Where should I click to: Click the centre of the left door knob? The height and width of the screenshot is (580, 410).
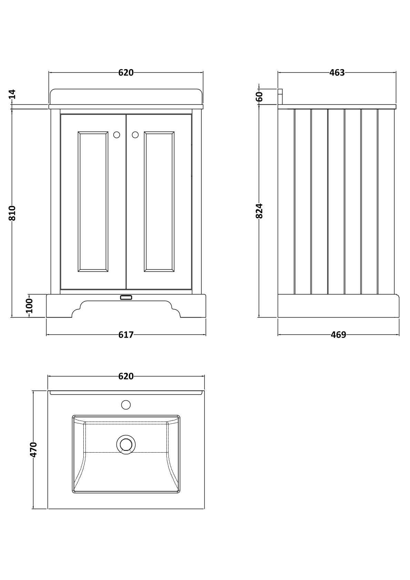point(116,135)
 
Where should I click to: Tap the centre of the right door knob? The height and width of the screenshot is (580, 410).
point(135,135)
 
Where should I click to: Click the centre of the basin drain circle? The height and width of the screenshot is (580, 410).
point(126,444)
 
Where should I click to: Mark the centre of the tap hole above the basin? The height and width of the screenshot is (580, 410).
point(126,405)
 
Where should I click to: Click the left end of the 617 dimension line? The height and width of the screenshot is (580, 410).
point(47,335)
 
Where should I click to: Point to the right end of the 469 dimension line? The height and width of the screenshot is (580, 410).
point(399,335)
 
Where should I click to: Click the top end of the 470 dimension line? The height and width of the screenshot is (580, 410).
point(33,391)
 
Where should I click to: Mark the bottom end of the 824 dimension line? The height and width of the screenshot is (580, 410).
point(258,317)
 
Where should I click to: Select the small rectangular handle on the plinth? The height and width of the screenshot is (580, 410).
point(126,297)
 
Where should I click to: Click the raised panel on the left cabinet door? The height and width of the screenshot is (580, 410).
point(93,202)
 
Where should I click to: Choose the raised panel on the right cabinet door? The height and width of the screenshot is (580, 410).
point(159,202)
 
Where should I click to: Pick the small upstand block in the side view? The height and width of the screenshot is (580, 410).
point(280,96)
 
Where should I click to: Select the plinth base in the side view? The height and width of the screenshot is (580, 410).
point(339,305)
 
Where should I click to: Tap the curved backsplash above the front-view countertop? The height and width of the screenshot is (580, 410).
point(126,96)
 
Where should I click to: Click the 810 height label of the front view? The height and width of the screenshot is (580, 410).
point(12,213)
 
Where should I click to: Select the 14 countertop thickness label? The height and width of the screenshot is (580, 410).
point(12,94)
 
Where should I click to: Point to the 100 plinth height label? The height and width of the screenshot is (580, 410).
point(29,306)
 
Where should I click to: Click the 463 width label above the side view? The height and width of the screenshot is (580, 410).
point(337,73)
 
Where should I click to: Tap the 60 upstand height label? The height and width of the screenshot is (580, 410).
point(259,96)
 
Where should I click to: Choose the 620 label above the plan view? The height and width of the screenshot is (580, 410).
point(126,376)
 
